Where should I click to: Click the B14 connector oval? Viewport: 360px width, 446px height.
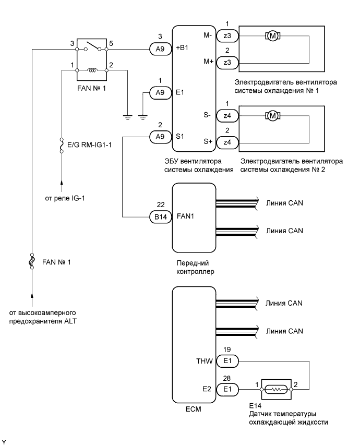click(x=161, y=217)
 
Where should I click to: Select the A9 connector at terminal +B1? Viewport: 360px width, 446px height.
click(x=161, y=49)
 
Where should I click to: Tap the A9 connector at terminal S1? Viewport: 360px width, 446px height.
click(x=161, y=137)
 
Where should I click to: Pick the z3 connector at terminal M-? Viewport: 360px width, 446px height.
click(x=227, y=36)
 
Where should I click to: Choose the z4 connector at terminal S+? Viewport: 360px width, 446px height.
click(x=227, y=142)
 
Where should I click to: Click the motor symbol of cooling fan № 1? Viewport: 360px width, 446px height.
click(x=273, y=36)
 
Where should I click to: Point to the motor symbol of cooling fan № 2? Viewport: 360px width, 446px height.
click(x=273, y=115)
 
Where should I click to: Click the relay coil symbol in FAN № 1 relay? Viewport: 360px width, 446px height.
click(x=92, y=70)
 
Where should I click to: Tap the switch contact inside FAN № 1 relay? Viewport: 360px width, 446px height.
click(x=92, y=46)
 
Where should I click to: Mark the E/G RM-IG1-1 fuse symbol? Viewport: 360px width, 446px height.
click(x=62, y=146)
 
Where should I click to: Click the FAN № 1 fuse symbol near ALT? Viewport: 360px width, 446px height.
click(x=32, y=261)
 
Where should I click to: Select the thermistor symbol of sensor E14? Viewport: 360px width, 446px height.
click(x=276, y=389)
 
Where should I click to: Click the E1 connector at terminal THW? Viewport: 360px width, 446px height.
click(x=227, y=361)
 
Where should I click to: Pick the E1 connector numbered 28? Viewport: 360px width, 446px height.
click(x=227, y=389)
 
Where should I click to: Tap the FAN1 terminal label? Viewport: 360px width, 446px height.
click(x=185, y=216)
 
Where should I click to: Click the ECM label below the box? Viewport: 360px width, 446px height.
click(x=193, y=409)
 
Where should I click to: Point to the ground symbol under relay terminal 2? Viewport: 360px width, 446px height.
click(x=127, y=117)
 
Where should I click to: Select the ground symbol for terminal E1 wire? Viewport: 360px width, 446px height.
click(x=142, y=117)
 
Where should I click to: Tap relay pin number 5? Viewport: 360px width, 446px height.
click(x=111, y=43)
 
